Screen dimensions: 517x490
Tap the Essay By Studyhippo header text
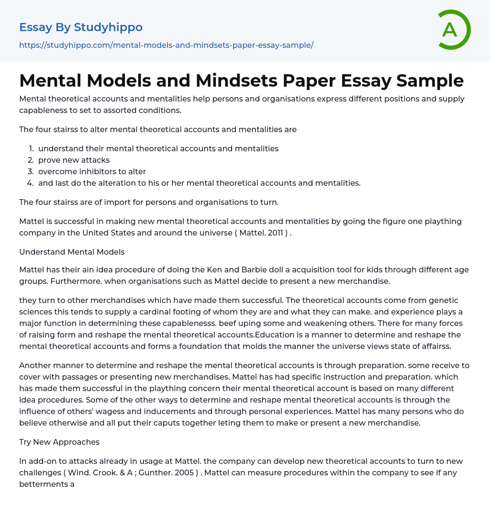(81, 27)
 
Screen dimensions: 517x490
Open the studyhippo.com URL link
(166, 45)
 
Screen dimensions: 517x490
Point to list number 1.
(31, 148)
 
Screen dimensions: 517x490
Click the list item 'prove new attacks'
(74, 160)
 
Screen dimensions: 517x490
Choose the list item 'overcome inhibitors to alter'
(92, 171)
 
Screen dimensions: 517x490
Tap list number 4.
(31, 183)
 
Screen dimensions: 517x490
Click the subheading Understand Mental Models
(72, 252)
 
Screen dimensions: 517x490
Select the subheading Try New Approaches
(59, 442)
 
